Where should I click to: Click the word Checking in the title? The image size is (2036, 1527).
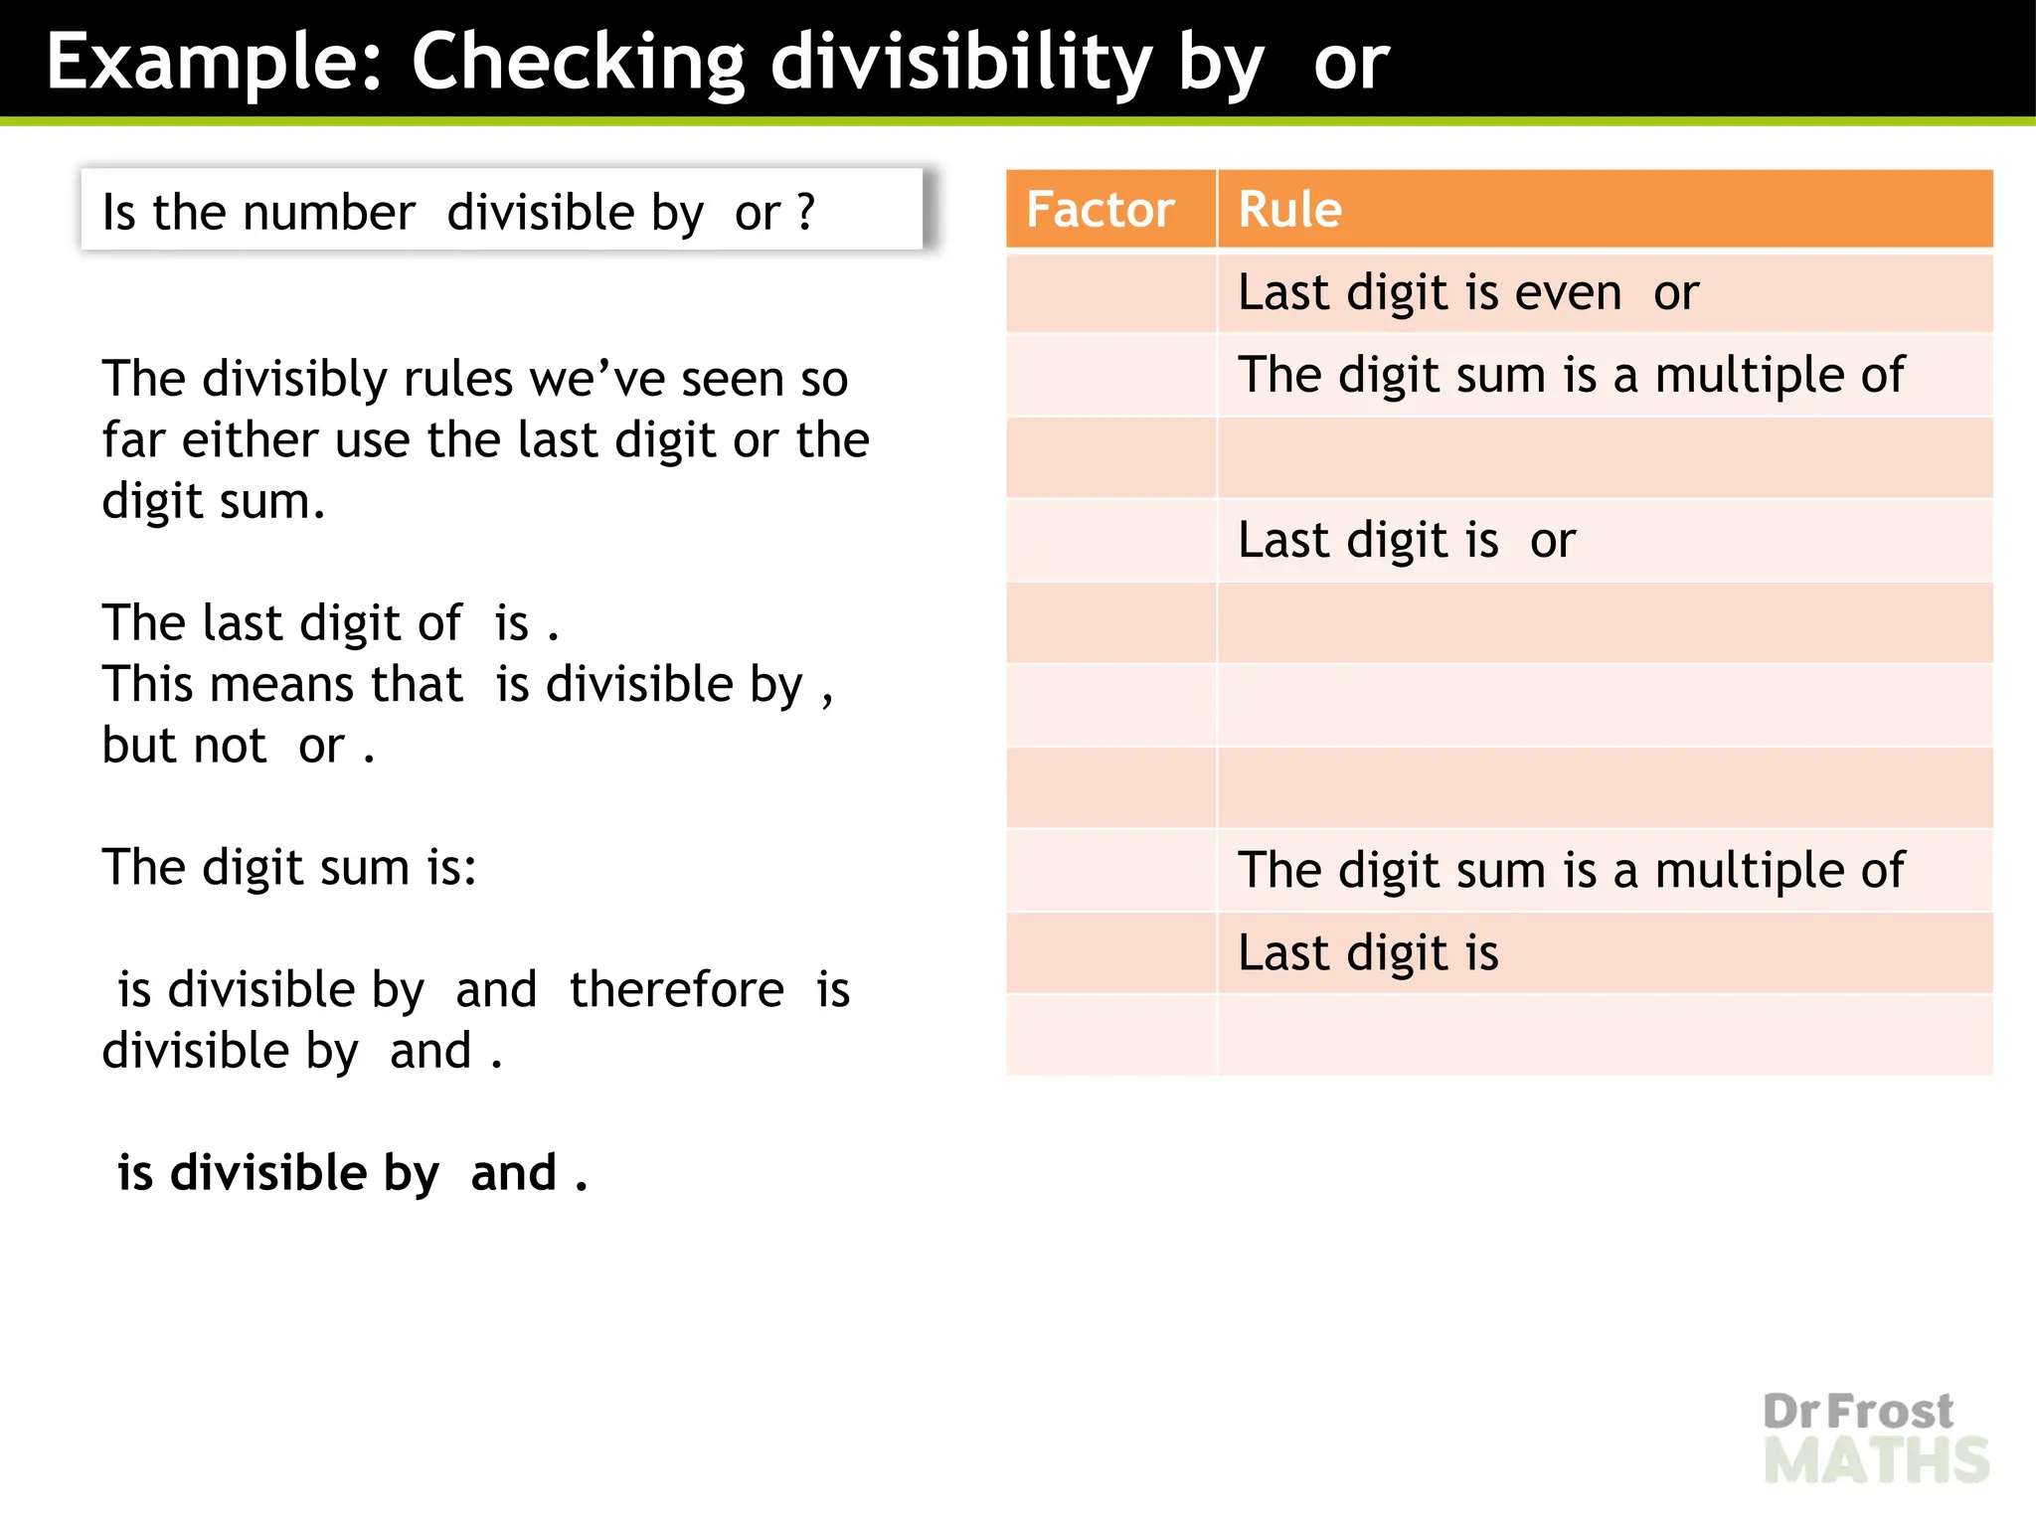578,62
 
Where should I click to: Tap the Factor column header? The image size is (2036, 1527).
1100,210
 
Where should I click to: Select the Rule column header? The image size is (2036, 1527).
1289,210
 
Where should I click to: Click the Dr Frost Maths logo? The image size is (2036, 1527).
1875,1438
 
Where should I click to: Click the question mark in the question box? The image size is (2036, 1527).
806,213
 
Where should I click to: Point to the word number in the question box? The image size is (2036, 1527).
328,213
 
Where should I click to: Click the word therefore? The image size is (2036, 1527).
676,990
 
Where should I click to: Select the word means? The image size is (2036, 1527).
281,685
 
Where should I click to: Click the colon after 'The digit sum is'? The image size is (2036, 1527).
469,869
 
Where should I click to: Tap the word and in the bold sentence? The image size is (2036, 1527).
513,1173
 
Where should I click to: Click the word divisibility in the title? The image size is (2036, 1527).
959,62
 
